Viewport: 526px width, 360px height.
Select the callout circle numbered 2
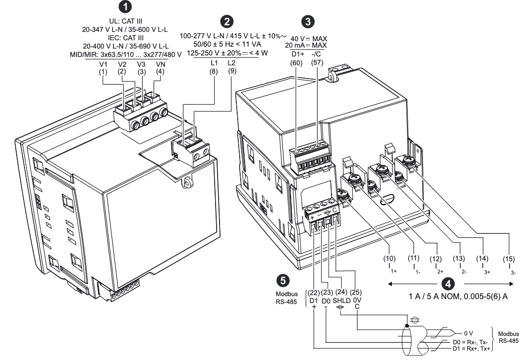(227, 20)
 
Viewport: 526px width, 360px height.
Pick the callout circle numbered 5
(282, 279)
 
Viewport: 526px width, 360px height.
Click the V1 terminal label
(103, 64)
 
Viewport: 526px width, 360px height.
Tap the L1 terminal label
(214, 63)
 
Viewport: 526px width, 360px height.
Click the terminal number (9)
(232, 71)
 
